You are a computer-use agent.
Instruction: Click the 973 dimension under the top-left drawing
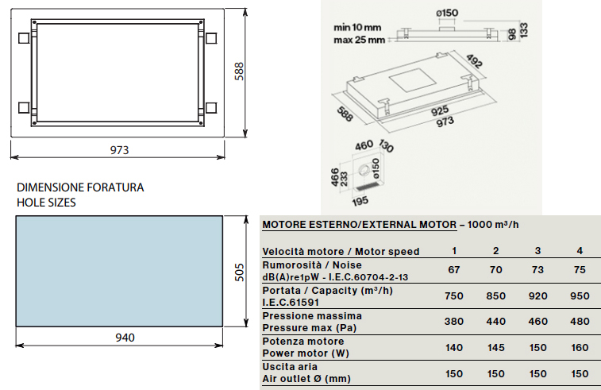point(120,150)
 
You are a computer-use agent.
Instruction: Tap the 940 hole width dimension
point(125,338)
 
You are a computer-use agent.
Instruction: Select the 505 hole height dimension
point(239,272)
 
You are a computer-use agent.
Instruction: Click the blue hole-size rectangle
point(119,271)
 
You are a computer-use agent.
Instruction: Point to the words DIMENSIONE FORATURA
point(80,187)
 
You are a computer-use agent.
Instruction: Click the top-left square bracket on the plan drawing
point(24,38)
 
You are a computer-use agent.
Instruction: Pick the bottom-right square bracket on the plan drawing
point(211,108)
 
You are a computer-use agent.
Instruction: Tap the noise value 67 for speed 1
point(454,270)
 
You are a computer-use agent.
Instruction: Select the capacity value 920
point(537,296)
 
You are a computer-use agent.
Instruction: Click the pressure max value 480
point(580,322)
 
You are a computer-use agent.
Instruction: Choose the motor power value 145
point(495,347)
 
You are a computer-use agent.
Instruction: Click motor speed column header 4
point(580,251)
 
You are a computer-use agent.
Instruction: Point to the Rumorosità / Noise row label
point(312,265)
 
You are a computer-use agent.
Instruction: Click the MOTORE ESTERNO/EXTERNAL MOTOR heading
point(360,225)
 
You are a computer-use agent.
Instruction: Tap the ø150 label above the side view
point(447,13)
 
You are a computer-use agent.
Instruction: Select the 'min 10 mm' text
point(357,28)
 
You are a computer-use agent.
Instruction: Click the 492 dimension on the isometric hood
point(474,61)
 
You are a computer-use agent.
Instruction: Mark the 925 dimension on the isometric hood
point(440,111)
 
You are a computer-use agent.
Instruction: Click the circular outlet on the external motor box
point(364,172)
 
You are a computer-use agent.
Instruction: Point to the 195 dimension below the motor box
point(360,201)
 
